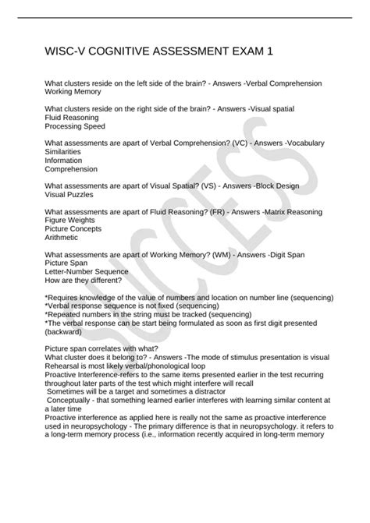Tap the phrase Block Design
(x=275, y=186)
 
